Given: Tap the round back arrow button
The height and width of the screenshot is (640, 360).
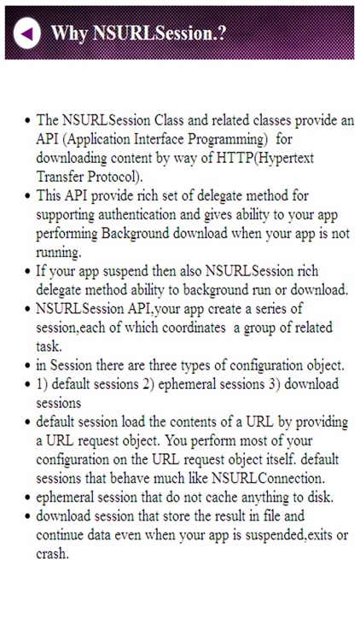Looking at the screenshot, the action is click(x=27, y=33).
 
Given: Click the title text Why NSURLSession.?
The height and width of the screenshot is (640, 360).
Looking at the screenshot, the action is click(x=142, y=33).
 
